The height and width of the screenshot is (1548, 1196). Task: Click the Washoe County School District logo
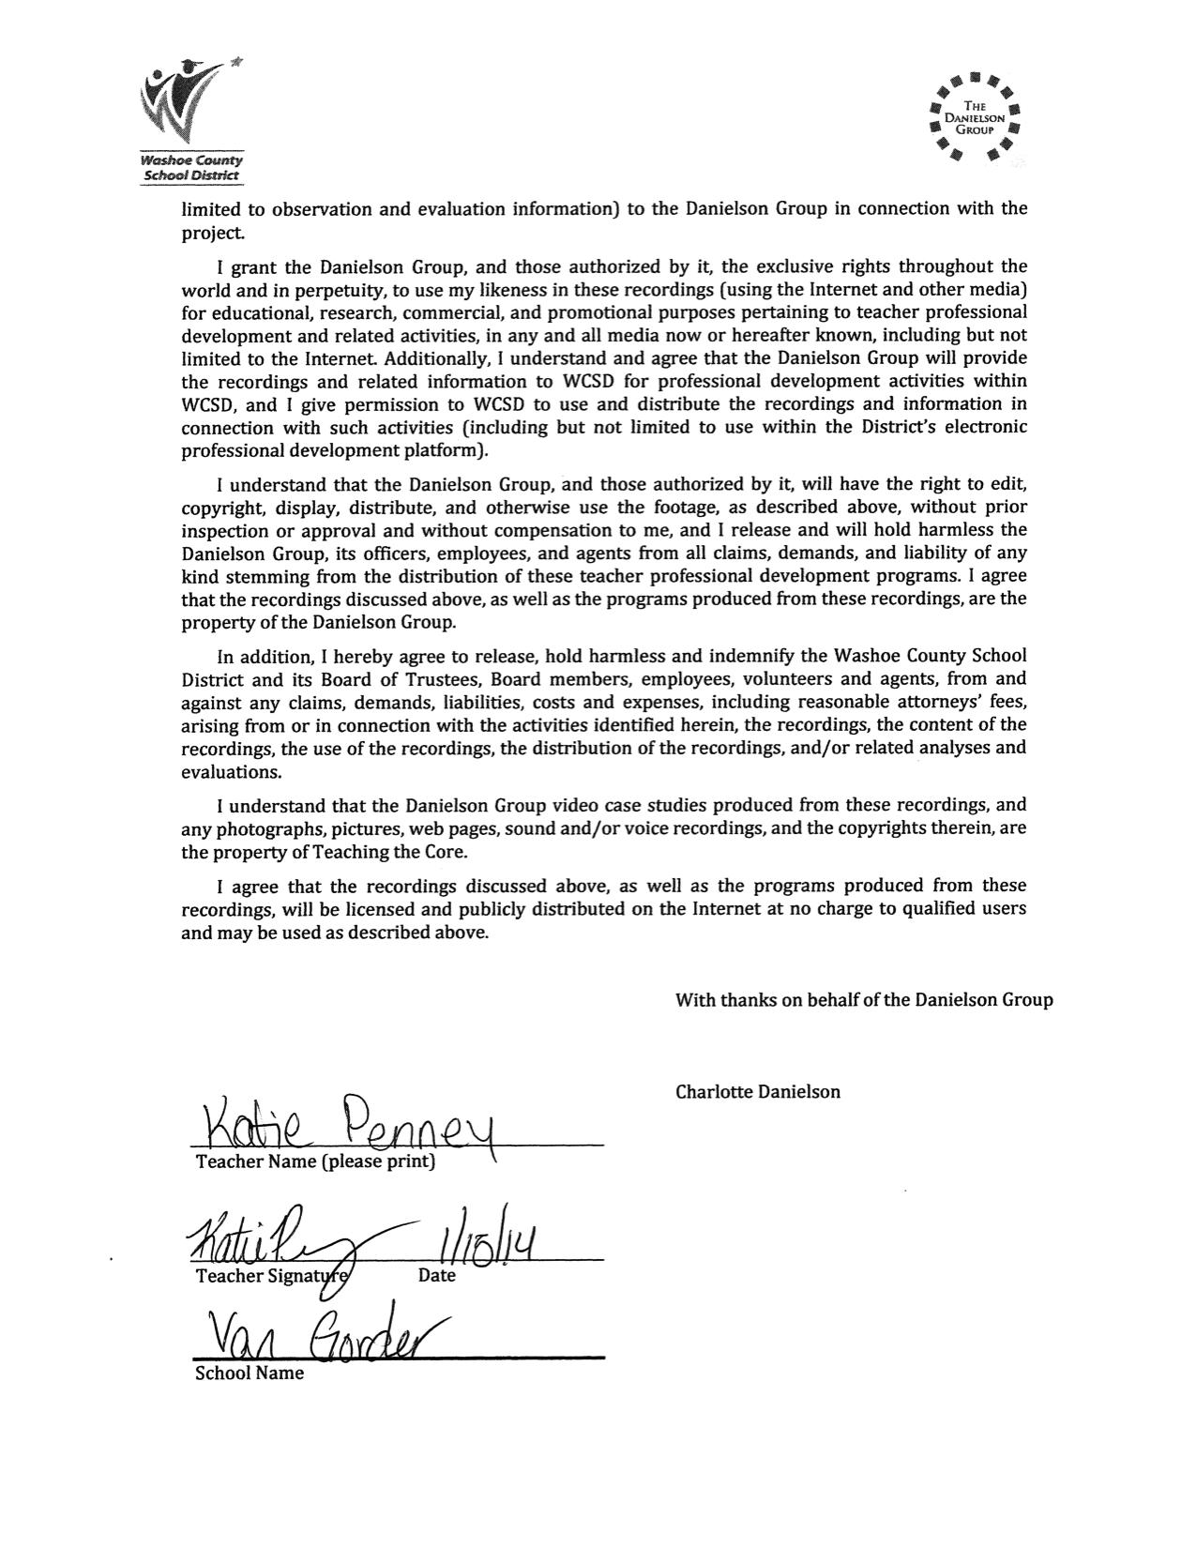pos(191,119)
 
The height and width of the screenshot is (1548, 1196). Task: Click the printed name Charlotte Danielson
pos(757,1091)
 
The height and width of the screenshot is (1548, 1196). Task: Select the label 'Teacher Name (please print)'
pos(315,1161)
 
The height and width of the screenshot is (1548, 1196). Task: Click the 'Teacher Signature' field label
pos(272,1276)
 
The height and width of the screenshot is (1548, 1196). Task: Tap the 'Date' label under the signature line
pos(437,1276)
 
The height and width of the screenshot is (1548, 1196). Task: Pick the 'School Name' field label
pos(250,1373)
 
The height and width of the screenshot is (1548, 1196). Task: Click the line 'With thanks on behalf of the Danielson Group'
pos(864,1000)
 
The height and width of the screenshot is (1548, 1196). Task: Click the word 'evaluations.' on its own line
pos(231,772)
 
